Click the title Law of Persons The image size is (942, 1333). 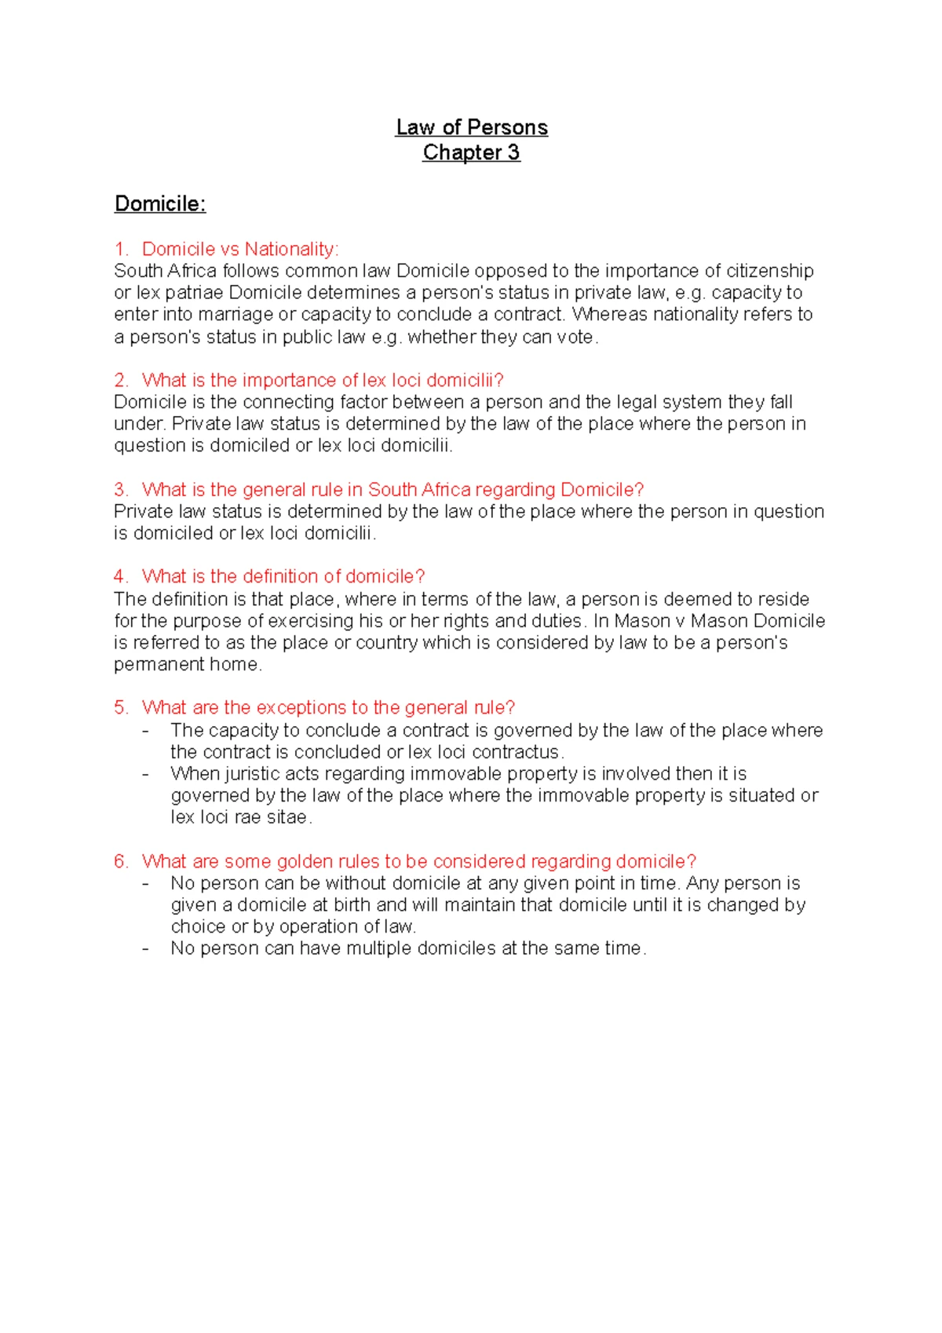coord(471,127)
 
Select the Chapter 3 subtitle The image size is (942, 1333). coord(471,152)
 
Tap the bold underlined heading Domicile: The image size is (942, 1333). coord(160,204)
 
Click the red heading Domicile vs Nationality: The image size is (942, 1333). coord(240,249)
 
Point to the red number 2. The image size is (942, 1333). coord(120,380)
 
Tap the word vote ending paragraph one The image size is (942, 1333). coord(575,338)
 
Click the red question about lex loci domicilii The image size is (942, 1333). coord(322,380)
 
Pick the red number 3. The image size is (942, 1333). coord(120,490)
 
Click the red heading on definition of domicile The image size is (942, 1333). coord(283,576)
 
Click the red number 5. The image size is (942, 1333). coord(120,707)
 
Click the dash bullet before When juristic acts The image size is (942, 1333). coord(146,774)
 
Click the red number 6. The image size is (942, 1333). coord(120,861)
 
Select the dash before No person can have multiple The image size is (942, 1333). coord(146,948)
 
